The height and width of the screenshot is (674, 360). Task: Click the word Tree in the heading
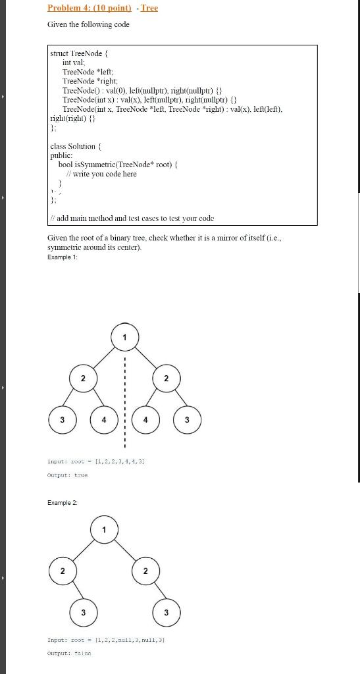tap(149, 9)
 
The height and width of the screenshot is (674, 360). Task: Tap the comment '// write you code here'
tap(106, 174)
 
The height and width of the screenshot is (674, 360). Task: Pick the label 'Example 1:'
tap(63, 257)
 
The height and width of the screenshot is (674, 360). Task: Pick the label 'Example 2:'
tap(63, 502)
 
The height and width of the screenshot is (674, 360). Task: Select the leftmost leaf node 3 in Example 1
tap(62, 419)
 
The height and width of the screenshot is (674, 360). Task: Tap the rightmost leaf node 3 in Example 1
tap(187, 419)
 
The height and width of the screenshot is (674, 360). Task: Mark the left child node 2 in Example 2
tap(62, 571)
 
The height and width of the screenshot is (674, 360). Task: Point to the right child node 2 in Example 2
tap(145, 571)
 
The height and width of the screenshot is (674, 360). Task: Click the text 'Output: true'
tap(68, 475)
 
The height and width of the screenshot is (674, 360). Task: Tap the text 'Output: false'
tap(69, 653)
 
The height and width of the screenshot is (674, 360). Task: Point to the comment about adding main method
tap(132, 219)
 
